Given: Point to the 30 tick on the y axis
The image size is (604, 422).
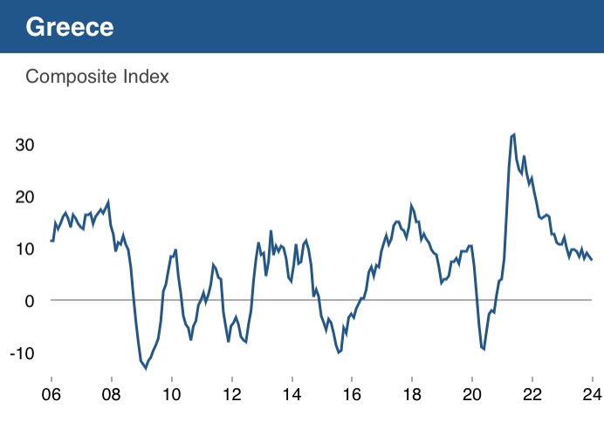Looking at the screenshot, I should [27, 144].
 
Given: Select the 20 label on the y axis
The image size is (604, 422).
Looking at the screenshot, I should [27, 196].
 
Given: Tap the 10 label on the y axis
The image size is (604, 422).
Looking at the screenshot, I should [27, 248].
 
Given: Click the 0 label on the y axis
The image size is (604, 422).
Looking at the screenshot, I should [31, 301].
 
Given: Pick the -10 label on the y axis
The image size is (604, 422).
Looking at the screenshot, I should [24, 353].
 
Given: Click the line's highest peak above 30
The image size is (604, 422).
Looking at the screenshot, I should [514, 135].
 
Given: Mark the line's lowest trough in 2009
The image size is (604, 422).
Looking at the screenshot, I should [146, 368].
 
